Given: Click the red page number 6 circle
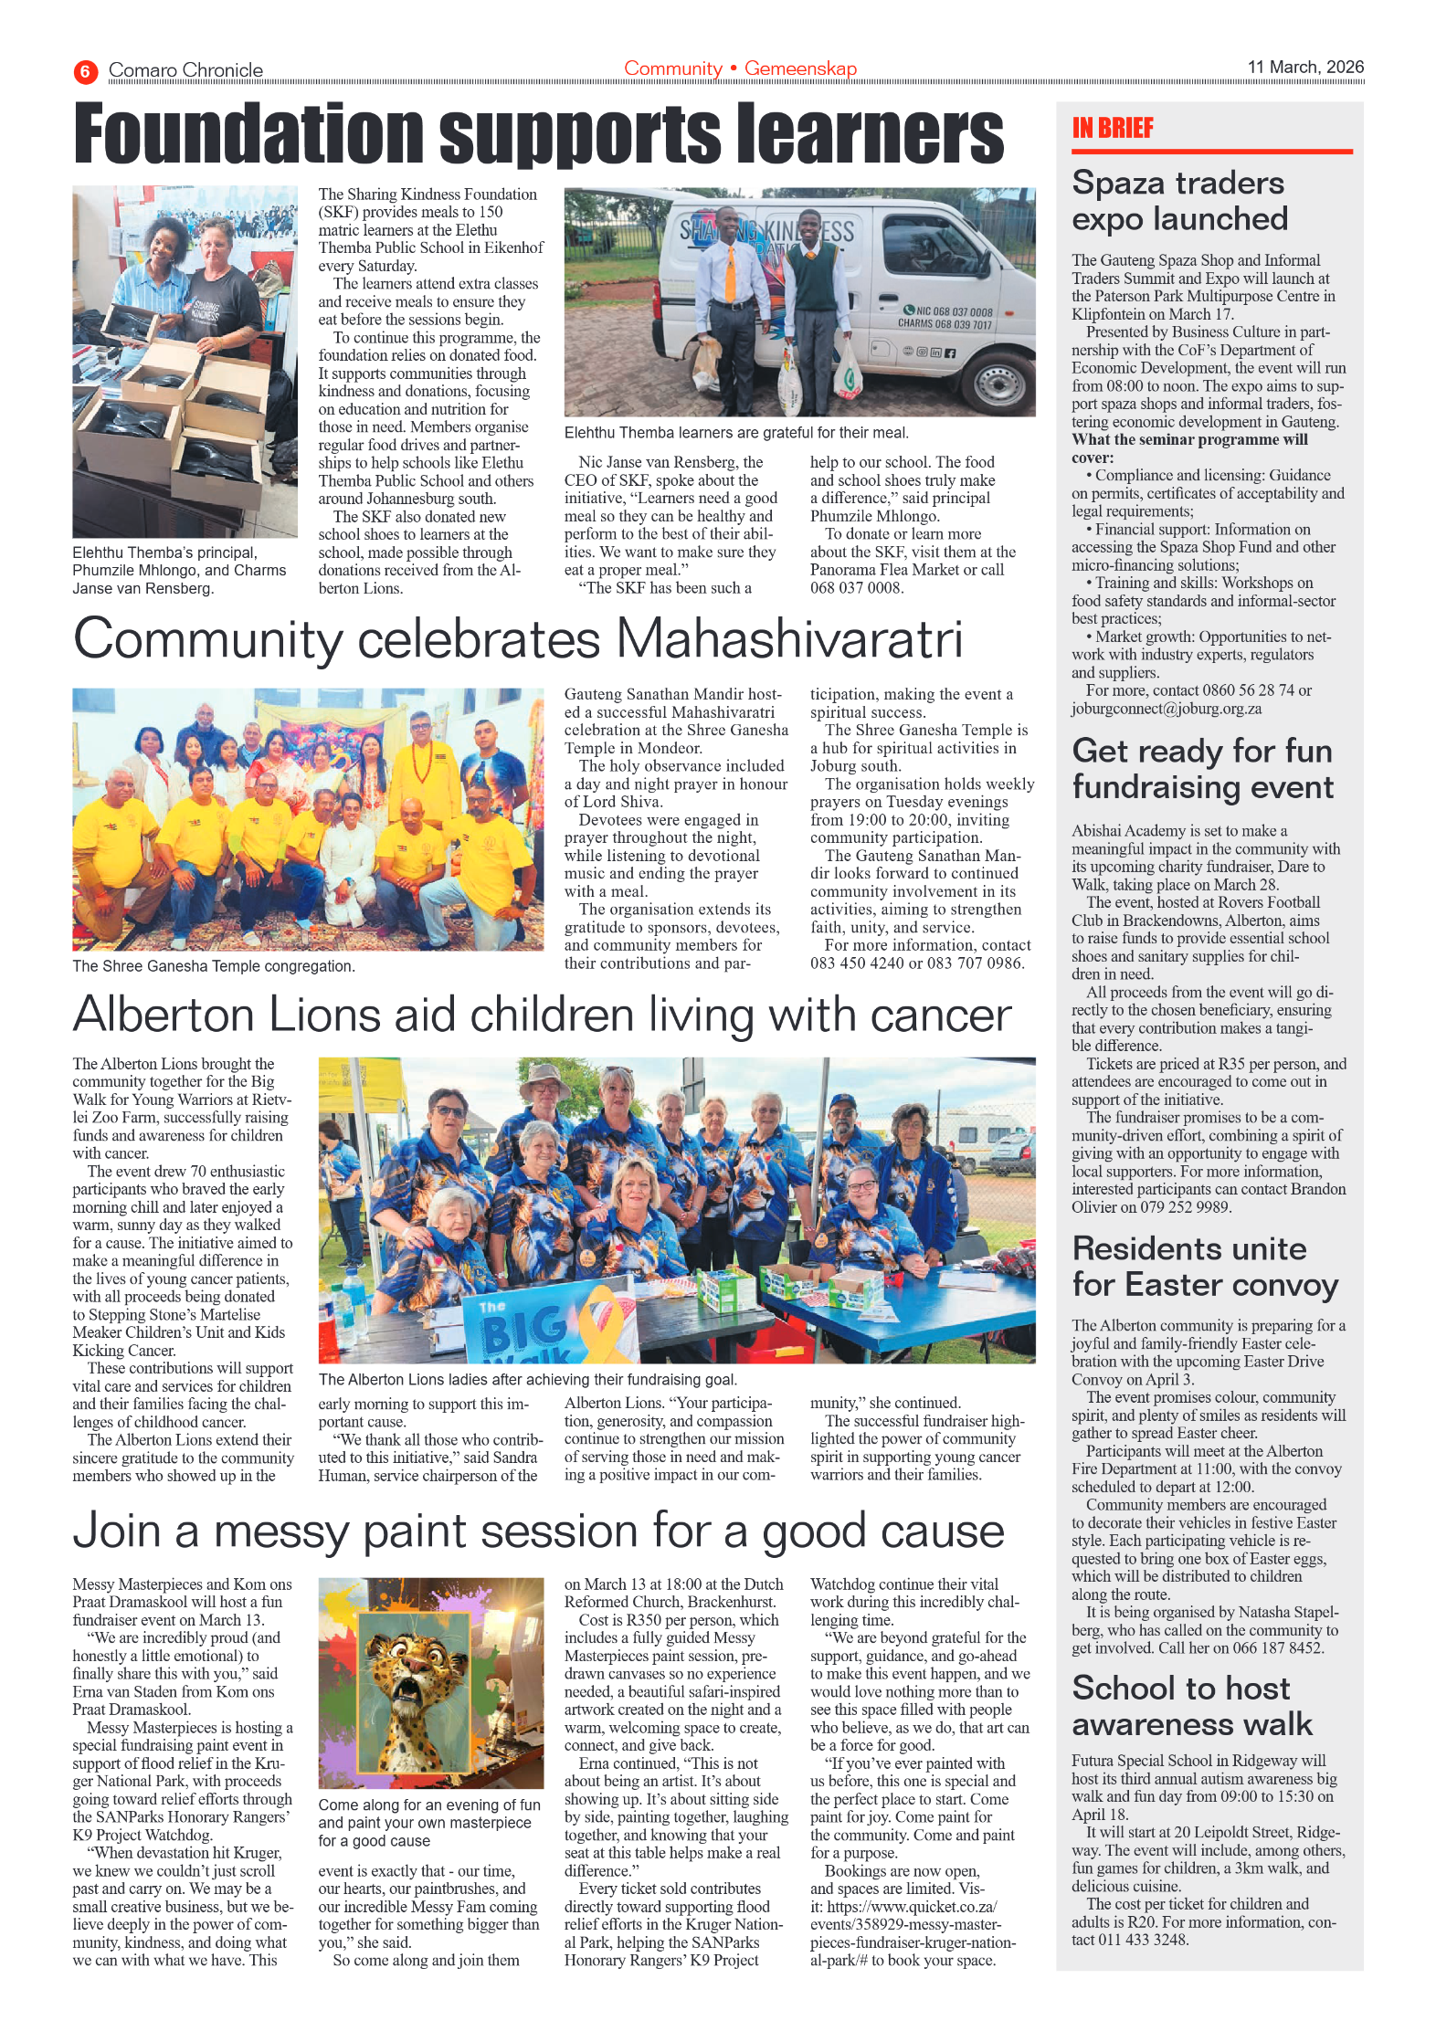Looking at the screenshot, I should [x=85, y=71].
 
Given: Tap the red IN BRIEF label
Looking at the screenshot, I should [x=1112, y=128].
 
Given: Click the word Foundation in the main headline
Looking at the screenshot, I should [x=248, y=135].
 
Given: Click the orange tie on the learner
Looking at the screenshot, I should [x=730, y=275].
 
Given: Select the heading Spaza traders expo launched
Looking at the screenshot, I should [x=1178, y=201].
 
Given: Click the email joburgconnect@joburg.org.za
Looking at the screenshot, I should [x=1166, y=709].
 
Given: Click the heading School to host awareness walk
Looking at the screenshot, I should [x=1190, y=1705].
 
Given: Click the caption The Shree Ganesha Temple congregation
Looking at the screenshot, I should [x=214, y=966].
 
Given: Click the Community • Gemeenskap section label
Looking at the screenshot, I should [x=740, y=68].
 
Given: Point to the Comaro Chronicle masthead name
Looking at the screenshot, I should [x=185, y=70].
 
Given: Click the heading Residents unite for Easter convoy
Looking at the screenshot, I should [x=1204, y=1267].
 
